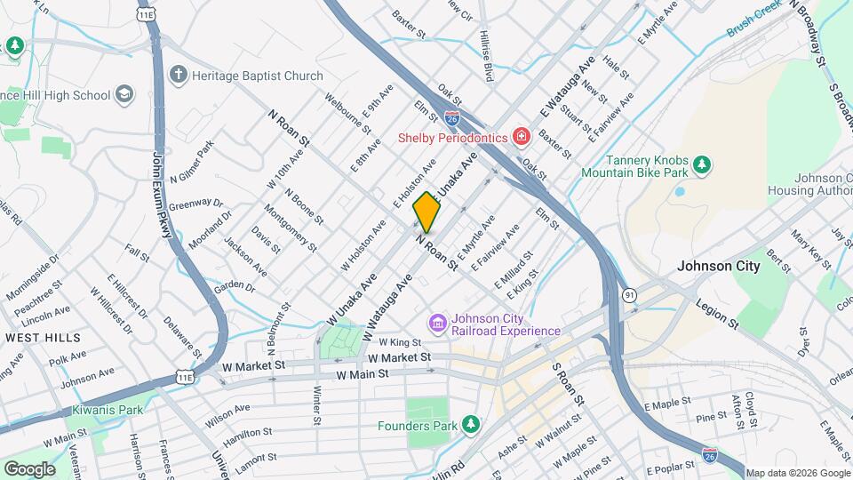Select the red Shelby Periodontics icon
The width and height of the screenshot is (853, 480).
[521, 137]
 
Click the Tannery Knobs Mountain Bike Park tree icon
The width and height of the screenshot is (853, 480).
[702, 164]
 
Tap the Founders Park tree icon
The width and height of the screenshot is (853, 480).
[470, 425]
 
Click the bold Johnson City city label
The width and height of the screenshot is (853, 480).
[719, 266]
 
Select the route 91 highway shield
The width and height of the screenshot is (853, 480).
[629, 294]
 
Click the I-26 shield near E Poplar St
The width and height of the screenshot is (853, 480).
[709, 455]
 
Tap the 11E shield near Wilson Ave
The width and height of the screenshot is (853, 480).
[185, 378]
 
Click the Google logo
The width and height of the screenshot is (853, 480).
[29, 468]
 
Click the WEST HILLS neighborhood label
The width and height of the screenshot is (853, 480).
[43, 338]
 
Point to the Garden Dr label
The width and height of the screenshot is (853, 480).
[235, 285]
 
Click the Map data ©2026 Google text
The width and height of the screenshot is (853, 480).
[797, 473]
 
